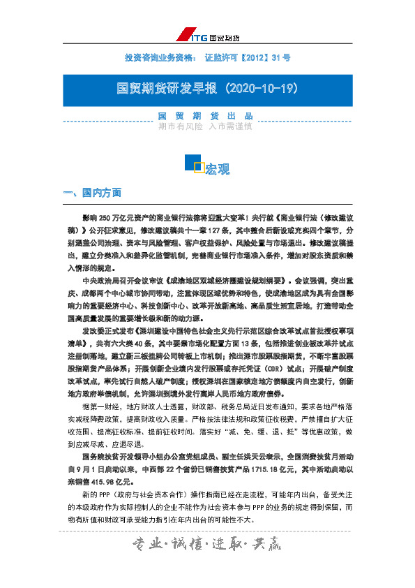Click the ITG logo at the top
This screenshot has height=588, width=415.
coord(210,35)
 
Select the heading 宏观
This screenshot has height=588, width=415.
coord(218,170)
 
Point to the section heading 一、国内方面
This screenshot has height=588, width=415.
coord(92,192)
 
